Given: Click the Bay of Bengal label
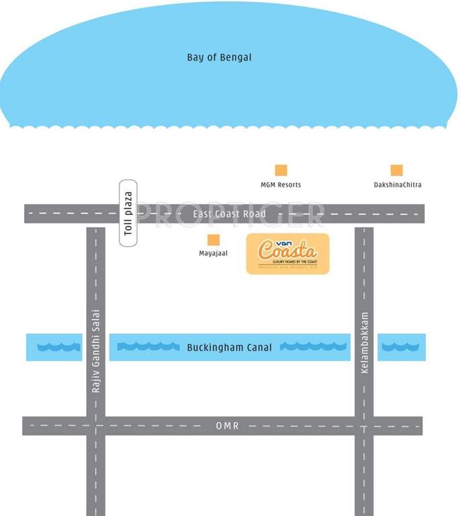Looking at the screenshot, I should click(219, 58).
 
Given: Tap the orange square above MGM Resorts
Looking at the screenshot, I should click(281, 171).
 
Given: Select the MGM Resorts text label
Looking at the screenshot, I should click(281, 185).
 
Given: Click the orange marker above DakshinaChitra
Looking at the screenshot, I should click(397, 171).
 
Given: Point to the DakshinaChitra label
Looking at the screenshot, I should click(398, 185).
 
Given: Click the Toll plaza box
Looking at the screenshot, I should click(128, 213).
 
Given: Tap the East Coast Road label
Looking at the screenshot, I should click(229, 214).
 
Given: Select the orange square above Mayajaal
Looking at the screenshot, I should click(213, 240).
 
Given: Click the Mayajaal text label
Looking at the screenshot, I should click(213, 254).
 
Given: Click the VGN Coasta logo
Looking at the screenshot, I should click(288, 254).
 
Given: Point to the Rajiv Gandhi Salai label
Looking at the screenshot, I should click(95, 351).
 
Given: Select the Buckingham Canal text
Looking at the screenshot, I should click(229, 347).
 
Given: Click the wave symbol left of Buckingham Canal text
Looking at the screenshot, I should click(148, 347).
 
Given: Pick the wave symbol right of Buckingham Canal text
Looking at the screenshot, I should click(313, 347).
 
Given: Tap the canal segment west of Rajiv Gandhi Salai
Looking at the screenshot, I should click(53, 347).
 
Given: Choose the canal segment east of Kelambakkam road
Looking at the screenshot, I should click(401, 347).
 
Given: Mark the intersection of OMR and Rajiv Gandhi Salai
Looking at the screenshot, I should click(95, 426).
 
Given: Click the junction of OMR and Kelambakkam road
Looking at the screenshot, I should click(364, 426).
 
